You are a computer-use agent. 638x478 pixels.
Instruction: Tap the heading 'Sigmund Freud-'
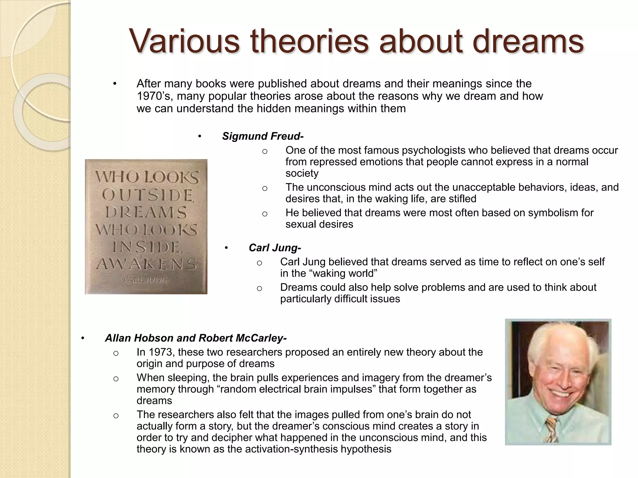(x=263, y=136)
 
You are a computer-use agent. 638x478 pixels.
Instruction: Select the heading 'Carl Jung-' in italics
(x=275, y=248)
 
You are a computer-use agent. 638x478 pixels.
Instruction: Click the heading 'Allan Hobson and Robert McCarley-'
(x=196, y=338)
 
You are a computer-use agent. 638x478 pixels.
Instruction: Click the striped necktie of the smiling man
(x=551, y=429)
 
